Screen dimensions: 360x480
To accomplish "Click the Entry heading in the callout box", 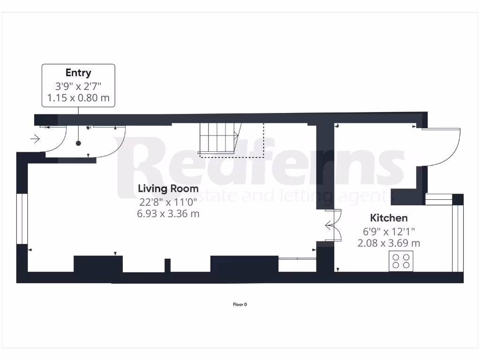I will coord(78,73).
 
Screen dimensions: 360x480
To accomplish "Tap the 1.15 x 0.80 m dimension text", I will coord(78,98).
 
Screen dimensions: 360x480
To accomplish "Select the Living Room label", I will coord(168,188).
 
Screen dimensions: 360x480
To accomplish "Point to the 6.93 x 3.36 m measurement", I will coord(168,214).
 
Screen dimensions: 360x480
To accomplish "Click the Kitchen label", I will coord(389,218).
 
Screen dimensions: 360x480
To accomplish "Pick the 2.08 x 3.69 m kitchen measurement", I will coord(389,243).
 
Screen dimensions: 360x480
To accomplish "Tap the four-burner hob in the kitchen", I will coord(401,261).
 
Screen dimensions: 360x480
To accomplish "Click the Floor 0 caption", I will coord(240,305).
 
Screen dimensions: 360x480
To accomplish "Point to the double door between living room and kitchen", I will coord(333,225).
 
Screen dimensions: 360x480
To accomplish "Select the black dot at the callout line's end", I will coord(78,143).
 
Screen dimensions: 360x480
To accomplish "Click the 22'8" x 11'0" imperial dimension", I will coord(168,202).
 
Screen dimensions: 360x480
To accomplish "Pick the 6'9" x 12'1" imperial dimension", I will coord(389,231).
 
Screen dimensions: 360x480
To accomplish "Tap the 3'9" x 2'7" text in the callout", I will coord(78,86).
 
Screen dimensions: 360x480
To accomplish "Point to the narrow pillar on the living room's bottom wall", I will coord(167,265).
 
